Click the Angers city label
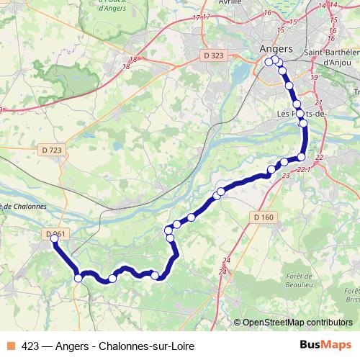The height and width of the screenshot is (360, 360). point(275,48)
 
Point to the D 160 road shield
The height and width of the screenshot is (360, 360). point(264,217)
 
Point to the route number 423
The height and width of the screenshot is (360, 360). point(31,346)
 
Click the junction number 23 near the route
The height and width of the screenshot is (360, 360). point(286,175)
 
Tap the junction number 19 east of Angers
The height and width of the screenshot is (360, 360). point(313,77)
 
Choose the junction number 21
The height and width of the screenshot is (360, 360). point(318,104)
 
